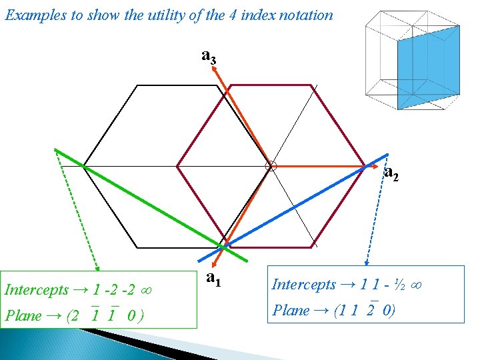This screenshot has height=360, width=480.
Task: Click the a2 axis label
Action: [392, 174]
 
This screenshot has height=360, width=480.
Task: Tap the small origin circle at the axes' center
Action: [271, 165]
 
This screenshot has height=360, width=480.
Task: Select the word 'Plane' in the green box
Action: [23, 315]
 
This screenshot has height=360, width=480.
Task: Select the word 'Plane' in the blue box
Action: [291, 310]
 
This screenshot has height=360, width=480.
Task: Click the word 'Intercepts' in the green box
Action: [37, 290]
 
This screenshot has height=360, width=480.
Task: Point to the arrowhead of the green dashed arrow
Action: [98, 266]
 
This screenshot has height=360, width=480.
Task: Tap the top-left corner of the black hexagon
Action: [137, 85]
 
